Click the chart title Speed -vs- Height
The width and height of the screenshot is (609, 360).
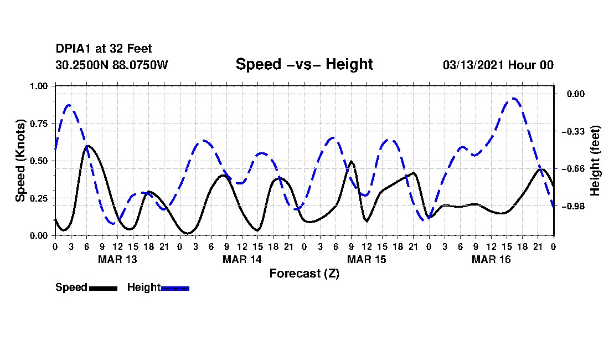pos(304,64)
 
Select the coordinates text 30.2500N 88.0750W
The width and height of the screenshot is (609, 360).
pos(111,65)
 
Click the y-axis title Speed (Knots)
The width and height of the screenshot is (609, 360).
pos(20,161)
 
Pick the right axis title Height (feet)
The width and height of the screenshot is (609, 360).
pos(595,161)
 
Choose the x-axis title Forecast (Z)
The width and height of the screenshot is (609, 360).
pos(304,273)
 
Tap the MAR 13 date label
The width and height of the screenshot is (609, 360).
pos(117,259)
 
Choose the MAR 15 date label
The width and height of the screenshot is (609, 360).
pos(367,259)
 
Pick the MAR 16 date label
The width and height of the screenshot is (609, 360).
pos(491,259)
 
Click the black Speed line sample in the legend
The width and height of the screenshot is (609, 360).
pos(102,288)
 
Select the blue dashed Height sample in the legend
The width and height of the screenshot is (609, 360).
pos(175,288)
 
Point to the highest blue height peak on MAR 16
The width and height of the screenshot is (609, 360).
pos(514,99)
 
